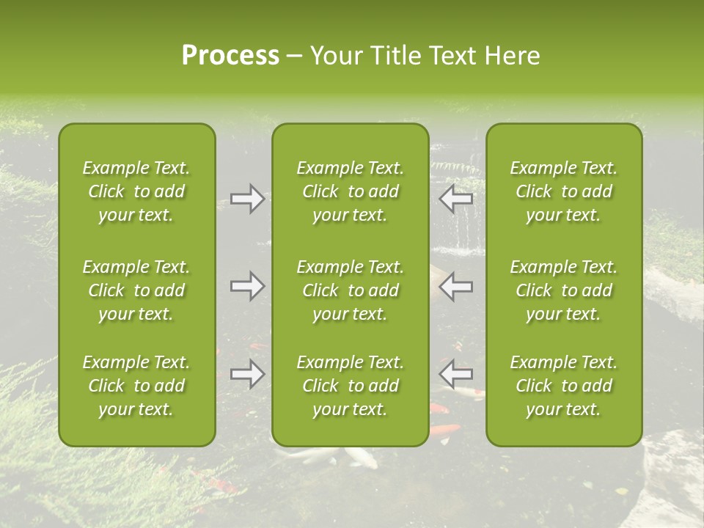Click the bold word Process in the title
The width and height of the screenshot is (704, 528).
[230, 56]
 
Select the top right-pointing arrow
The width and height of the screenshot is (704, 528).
[247, 199]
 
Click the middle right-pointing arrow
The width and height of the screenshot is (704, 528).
[247, 286]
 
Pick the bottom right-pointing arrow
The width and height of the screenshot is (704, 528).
[247, 374]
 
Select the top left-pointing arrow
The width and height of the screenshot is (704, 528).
[456, 199]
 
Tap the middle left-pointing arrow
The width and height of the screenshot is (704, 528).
[456, 286]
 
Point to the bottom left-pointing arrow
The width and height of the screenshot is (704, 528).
[456, 374]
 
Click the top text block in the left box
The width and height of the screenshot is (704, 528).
[136, 191]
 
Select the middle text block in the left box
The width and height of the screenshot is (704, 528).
[136, 290]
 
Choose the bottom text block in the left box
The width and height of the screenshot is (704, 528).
[136, 386]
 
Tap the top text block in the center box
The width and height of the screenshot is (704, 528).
[351, 191]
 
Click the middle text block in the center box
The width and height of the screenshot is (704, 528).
[351, 290]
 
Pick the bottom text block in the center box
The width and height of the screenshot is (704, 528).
[351, 386]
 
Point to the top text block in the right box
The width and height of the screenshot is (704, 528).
[564, 191]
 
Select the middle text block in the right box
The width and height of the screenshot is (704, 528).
[564, 290]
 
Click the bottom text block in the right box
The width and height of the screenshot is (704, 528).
[564, 386]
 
